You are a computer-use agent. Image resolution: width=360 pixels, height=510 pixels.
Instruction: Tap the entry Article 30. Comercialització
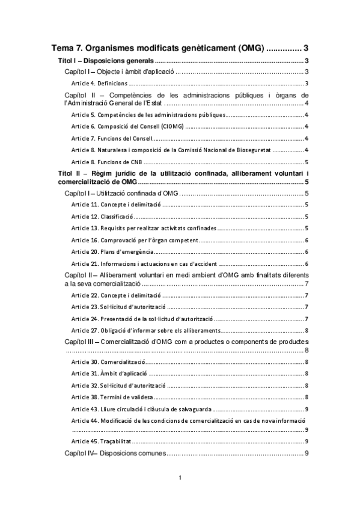108,362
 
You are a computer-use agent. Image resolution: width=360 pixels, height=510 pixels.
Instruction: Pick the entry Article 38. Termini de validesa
112,398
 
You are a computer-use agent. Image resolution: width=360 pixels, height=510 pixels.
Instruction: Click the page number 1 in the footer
180,478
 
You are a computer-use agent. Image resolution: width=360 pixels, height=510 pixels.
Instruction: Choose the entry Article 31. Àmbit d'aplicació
109,374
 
